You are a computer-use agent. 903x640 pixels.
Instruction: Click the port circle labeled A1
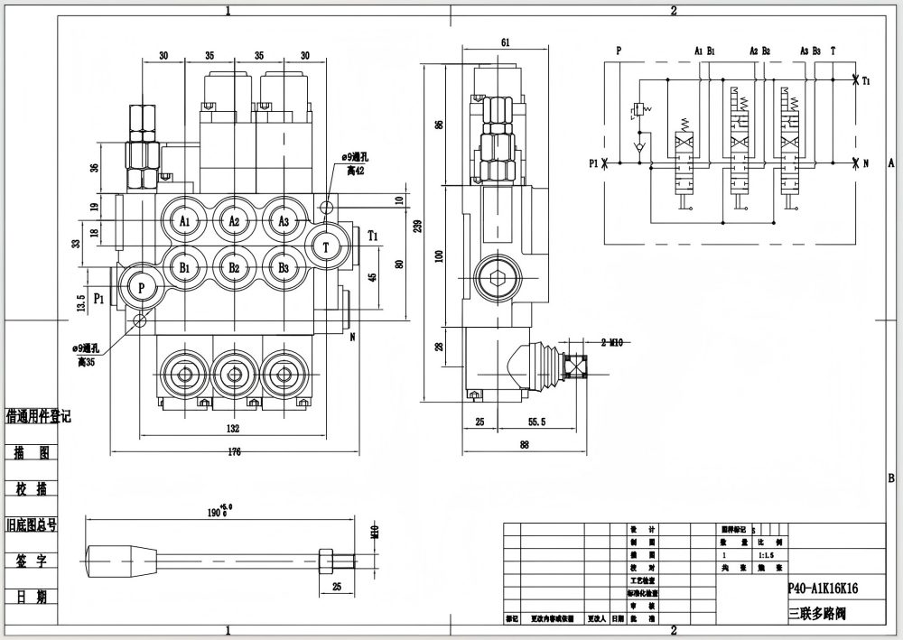click(x=184, y=221)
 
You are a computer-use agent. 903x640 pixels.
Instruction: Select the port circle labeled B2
click(x=234, y=268)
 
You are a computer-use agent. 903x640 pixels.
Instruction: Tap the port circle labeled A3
click(x=284, y=221)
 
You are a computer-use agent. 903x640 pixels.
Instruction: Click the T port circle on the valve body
click(x=326, y=245)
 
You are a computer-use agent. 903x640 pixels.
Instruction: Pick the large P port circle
click(x=141, y=285)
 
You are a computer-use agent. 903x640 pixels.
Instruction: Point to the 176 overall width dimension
click(x=234, y=452)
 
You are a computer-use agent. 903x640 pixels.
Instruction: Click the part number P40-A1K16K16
click(x=823, y=588)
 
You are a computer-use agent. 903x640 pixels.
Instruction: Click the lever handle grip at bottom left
click(x=121, y=552)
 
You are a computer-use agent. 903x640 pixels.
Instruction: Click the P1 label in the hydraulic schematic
click(x=593, y=163)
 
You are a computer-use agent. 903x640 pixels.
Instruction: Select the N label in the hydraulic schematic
click(x=865, y=163)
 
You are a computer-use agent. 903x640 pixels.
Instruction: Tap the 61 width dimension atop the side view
click(x=505, y=42)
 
